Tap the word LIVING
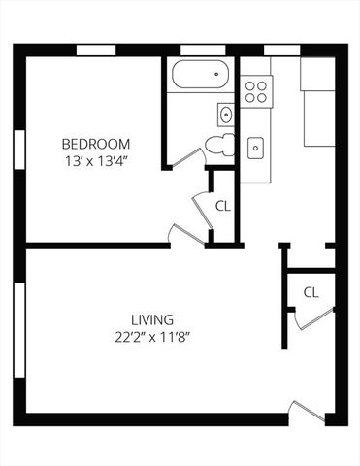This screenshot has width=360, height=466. point(152,319)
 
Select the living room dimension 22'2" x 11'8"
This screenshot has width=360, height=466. point(152,338)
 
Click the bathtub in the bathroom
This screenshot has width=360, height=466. point(199,75)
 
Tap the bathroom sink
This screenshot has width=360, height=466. point(226,115)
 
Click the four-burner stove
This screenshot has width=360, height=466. point(256,91)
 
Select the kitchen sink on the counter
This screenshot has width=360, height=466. point(256,148)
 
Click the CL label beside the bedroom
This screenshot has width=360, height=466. point(223,206)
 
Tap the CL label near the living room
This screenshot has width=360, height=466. point(311,292)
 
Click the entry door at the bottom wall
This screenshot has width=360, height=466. point(309,411)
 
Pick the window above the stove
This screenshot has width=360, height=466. point(279,50)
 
